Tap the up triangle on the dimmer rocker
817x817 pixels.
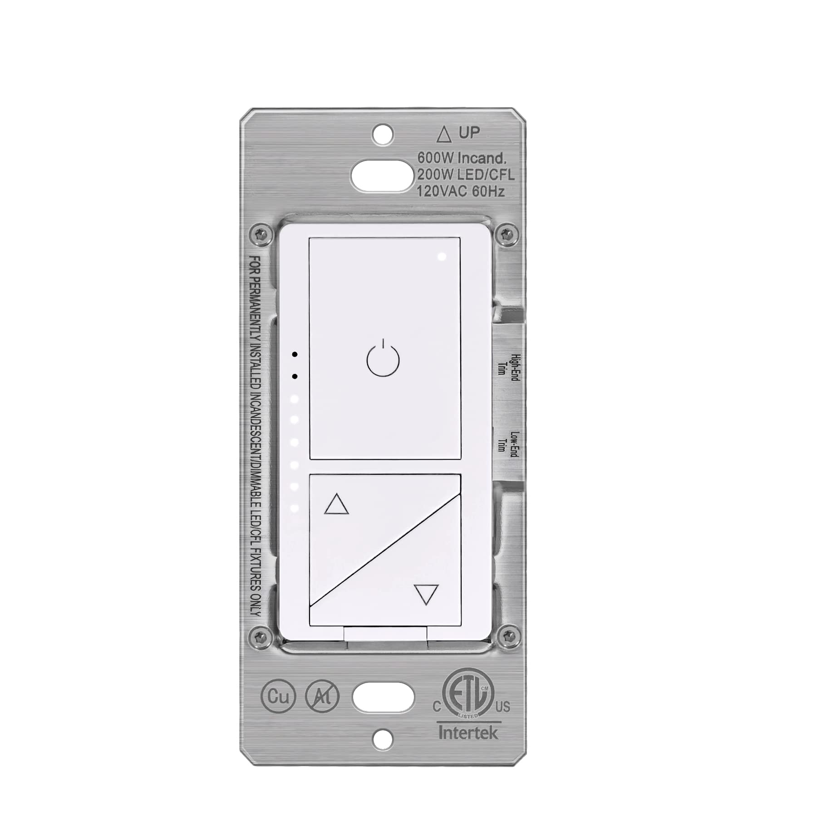tap(336, 504)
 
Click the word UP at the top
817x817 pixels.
tap(469, 133)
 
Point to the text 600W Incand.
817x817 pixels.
tap(462, 158)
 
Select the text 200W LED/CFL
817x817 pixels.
tap(466, 174)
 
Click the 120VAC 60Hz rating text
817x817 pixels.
tap(461, 191)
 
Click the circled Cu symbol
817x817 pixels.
tap(278, 696)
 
